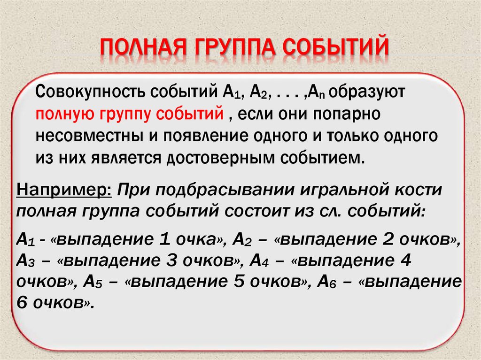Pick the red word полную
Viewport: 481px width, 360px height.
tap(63, 114)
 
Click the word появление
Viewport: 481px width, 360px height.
tap(203, 136)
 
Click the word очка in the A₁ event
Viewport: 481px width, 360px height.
tap(198, 239)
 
